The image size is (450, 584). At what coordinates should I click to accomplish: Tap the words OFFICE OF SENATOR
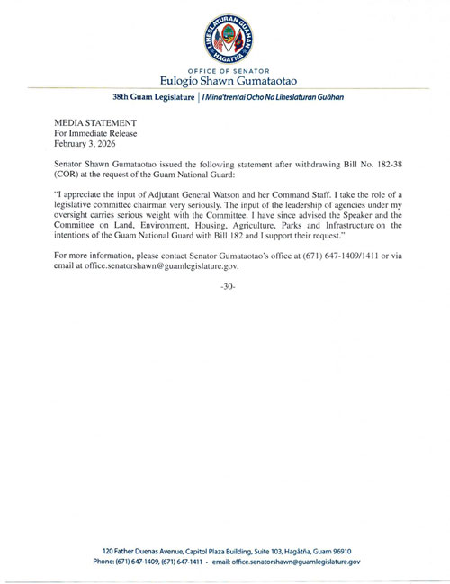click(x=224, y=68)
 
